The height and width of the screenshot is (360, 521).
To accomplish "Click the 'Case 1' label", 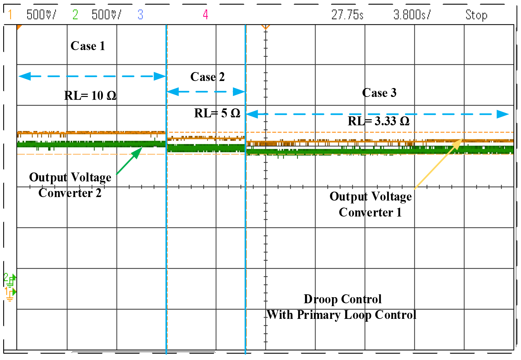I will coord(88,46).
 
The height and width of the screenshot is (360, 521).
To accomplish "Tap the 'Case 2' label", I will coord(207,77).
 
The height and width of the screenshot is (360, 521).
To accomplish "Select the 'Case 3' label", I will coord(379,93).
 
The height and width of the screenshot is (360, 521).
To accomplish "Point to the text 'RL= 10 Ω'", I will coord(90,96).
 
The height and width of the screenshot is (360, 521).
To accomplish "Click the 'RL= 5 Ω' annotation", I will coord(217,113).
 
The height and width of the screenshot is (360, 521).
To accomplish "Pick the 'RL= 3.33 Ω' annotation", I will coord(379,121).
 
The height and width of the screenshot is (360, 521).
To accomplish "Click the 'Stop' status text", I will coord(476,15).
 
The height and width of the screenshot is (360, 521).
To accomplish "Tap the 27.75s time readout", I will coord(347,15).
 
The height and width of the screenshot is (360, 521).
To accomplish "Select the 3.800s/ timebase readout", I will coord(412,15).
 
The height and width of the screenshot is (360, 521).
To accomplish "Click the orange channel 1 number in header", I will coord(10,14).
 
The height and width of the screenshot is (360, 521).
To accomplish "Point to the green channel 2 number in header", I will coord(75,14).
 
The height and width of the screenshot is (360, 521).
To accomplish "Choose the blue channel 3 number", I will coord(140,14).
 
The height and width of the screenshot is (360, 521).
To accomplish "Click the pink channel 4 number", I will coord(206,14).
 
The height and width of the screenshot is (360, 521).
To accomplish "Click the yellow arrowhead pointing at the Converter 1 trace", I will coord(458,143).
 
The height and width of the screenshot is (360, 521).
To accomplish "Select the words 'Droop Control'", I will coord(343,299).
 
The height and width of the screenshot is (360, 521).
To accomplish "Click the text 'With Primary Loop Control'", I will coord(342,315).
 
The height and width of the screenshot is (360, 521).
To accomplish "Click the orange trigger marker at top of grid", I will coord(265,27).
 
